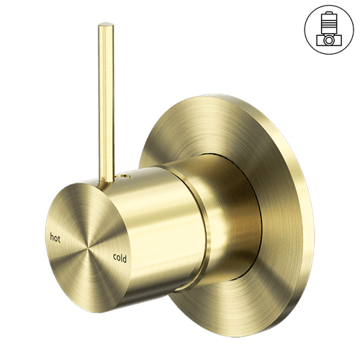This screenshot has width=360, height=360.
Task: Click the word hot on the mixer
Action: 55,238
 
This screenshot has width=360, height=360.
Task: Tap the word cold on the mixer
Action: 120,258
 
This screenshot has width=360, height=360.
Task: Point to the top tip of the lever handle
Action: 106,24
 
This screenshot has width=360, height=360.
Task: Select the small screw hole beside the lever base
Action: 123,176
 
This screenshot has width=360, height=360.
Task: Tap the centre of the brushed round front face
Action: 88,248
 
